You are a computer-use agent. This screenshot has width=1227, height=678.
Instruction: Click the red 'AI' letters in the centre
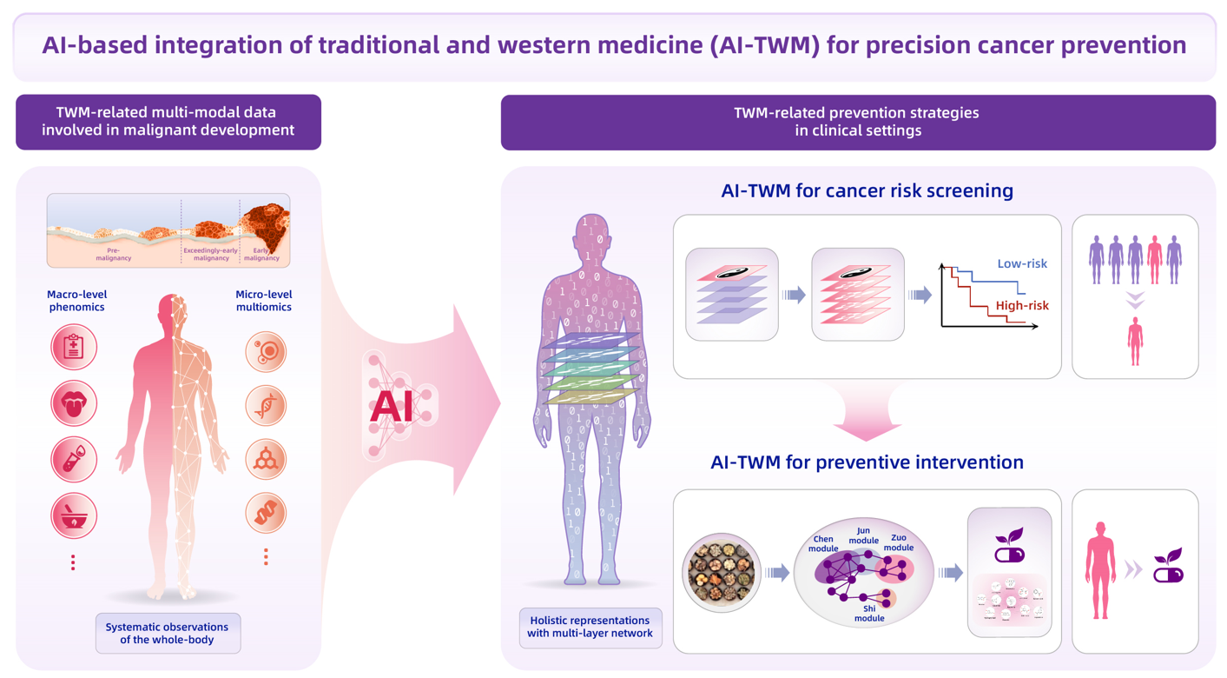[392, 406]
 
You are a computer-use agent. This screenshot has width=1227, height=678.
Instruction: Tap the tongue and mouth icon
[74, 403]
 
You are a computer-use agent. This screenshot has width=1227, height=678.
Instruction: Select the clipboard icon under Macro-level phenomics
[74, 347]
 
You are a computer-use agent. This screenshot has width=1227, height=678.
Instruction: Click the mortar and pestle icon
[74, 515]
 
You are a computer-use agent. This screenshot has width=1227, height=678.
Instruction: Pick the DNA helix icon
[266, 405]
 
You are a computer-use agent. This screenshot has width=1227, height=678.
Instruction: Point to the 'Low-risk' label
[1022, 263]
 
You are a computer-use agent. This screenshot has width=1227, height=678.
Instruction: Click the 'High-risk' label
[1022, 305]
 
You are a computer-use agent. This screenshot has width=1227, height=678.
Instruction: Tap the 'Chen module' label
[823, 543]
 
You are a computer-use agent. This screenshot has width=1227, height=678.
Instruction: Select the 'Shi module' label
[869, 614]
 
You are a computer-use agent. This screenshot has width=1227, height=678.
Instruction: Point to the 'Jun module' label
[863, 535]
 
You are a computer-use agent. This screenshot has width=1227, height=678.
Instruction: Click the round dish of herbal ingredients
[722, 572]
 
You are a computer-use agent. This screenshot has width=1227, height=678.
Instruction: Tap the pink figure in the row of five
[1154, 260]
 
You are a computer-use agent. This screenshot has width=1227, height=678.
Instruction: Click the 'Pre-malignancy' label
[114, 254]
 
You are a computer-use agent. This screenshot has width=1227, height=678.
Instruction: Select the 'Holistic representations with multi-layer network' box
[590, 627]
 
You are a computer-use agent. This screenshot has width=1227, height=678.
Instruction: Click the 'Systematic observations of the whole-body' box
[168, 633]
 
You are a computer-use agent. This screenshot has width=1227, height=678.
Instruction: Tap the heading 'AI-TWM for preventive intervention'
[867, 462]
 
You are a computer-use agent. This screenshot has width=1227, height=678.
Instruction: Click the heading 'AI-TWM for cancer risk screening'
[867, 190]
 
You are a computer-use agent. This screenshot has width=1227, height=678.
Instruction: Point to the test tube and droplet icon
[74, 460]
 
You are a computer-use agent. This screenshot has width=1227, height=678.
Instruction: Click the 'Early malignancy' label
[261, 254]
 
